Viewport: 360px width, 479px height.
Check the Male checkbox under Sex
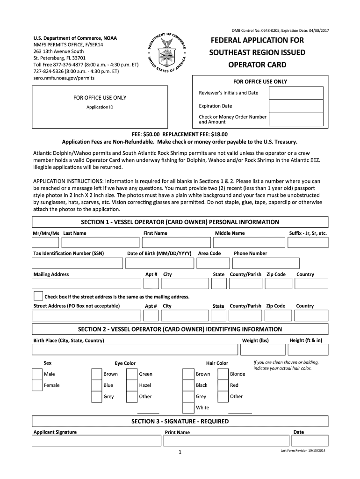(37, 374)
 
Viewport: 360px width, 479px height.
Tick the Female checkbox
(37, 385)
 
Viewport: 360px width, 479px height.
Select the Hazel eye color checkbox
(132, 385)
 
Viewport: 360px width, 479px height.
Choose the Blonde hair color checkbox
(223, 374)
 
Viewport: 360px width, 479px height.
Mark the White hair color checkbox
(188, 407)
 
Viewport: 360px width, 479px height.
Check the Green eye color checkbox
(132, 374)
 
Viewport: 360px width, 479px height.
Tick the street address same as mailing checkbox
(38, 296)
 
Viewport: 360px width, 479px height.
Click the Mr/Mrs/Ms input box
(45, 242)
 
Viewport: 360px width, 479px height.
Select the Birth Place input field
(134, 350)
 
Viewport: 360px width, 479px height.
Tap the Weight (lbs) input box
(261, 350)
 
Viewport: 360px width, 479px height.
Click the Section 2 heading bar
(180, 329)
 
